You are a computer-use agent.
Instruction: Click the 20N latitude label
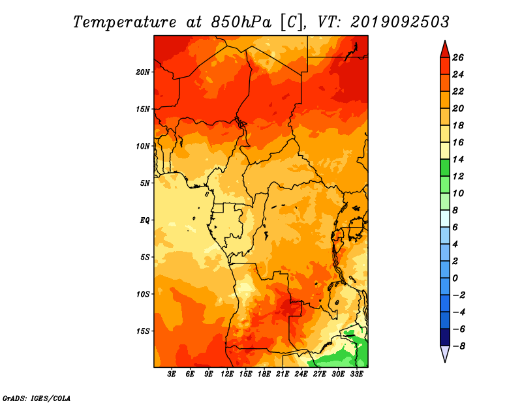tap(143, 72)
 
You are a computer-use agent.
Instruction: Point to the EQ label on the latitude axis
tap(145, 220)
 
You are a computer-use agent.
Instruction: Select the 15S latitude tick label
tap(143, 331)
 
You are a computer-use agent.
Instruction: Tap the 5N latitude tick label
tap(145, 183)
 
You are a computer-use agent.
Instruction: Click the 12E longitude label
tap(227, 374)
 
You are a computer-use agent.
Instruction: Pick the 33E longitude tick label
tap(357, 374)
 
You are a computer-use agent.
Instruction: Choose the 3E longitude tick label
tap(172, 374)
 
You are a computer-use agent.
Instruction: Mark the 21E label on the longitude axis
tap(283, 374)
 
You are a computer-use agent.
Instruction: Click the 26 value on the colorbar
tap(458, 57)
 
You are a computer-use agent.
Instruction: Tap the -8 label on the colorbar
tap(459, 346)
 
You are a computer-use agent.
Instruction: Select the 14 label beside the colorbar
tap(458, 159)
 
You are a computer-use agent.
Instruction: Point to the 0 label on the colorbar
tap(455, 278)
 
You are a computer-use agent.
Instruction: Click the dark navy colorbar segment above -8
tap(445, 337)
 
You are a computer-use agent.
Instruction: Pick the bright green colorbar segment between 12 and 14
tap(445, 168)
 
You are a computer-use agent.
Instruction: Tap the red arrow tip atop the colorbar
tap(445, 40)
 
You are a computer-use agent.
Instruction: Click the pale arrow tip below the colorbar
tap(445, 362)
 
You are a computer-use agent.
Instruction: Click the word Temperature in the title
tap(125, 22)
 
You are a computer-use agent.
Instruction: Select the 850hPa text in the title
tap(241, 22)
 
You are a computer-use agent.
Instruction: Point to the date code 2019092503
tap(400, 22)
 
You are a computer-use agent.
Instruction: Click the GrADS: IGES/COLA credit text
tap(37, 398)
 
